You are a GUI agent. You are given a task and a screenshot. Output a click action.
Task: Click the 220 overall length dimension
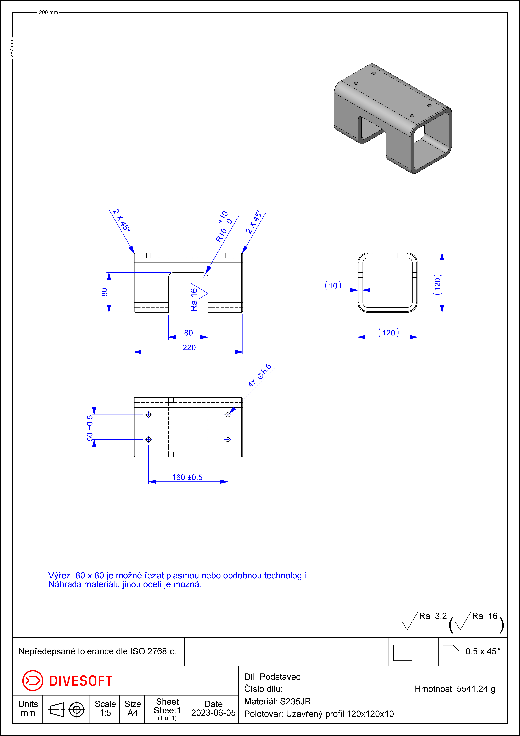189,347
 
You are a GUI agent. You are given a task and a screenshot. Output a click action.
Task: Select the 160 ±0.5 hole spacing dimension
187,477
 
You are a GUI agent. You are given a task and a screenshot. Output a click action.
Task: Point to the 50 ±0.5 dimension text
90,428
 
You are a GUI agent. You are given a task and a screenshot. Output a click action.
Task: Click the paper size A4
133,713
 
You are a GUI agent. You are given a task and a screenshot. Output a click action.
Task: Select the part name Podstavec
280,677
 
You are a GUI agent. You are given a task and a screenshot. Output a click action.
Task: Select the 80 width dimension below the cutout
188,333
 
